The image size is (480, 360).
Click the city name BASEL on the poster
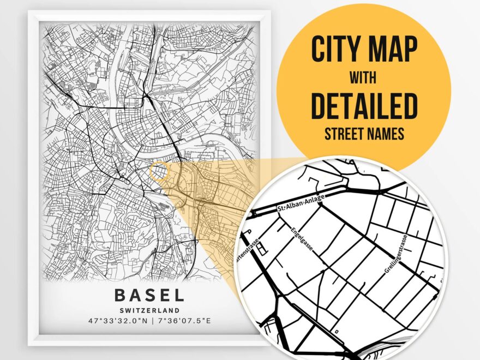pos(149,295)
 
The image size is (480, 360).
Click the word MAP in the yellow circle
pos(391,50)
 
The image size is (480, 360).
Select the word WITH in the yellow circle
pos(364,80)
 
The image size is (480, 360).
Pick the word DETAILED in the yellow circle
pos(364,107)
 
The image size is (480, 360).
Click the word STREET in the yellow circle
pos(345,134)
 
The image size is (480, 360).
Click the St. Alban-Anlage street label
pos(301,203)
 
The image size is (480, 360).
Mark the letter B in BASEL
pos(120,295)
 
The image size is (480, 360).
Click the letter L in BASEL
pos(179,295)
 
